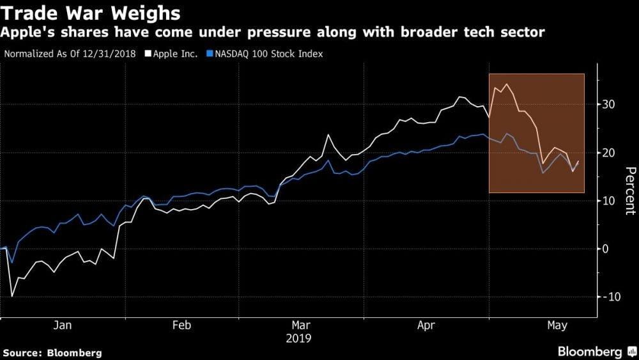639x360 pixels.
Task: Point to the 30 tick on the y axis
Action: click(610, 104)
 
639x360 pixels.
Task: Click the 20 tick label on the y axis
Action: click(610, 153)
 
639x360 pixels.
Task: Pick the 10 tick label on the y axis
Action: click(610, 201)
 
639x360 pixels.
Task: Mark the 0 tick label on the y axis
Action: click(607, 249)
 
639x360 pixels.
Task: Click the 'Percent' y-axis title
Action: click(629, 190)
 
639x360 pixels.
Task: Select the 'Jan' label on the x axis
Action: click(62, 325)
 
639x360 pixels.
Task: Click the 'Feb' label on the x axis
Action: click(182, 325)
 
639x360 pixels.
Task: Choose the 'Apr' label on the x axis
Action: click(426, 325)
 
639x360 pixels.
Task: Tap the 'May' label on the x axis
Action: click(557, 325)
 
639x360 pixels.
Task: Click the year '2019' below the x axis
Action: click(299, 337)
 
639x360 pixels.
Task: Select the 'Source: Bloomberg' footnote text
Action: click(52, 352)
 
